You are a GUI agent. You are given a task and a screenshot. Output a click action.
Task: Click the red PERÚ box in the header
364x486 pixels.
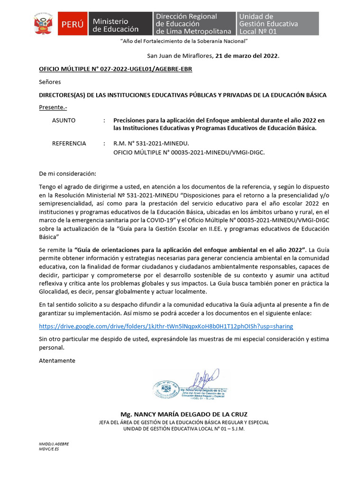point(72,24)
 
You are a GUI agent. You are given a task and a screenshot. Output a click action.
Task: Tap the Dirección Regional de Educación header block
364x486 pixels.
point(194,24)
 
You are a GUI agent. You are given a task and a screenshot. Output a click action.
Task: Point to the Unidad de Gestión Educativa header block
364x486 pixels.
point(277,24)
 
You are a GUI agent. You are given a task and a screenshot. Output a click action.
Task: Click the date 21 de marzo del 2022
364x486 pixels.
point(247,56)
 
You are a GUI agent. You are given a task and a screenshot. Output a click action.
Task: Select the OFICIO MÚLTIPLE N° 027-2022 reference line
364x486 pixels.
point(115,69)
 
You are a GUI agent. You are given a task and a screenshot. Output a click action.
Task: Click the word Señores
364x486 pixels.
point(50,82)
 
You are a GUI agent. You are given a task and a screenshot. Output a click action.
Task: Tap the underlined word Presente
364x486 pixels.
point(53,108)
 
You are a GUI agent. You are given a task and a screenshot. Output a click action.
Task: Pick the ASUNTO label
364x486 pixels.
point(64,121)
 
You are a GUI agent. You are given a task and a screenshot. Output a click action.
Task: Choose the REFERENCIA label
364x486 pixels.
point(69,143)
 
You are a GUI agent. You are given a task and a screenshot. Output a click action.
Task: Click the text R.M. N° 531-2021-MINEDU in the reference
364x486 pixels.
point(151,143)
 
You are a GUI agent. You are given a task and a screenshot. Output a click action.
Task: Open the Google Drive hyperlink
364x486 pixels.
point(166,326)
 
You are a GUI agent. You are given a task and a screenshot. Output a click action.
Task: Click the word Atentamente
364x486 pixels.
point(57,360)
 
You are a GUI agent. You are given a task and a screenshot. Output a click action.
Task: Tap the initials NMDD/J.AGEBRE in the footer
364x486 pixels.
point(54,444)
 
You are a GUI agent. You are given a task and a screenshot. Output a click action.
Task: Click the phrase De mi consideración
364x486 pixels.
point(67,174)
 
